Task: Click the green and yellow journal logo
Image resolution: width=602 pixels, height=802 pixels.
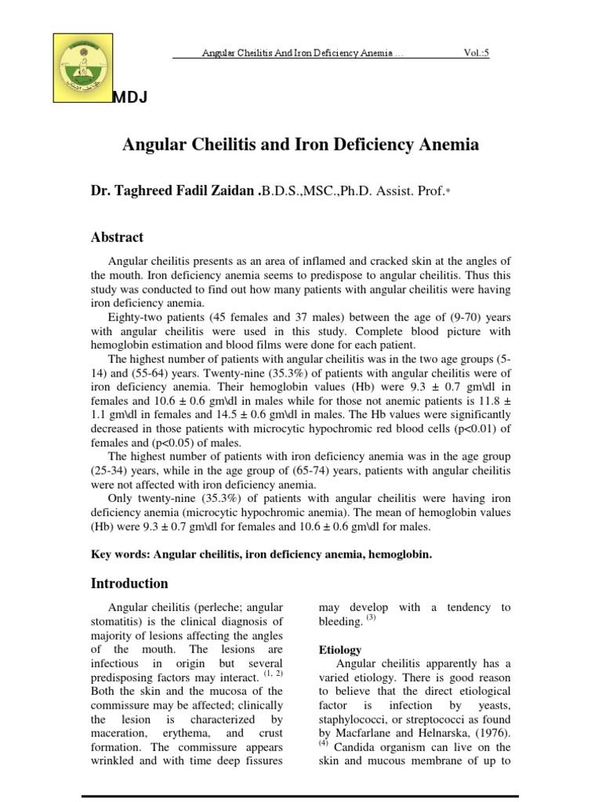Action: click(82, 67)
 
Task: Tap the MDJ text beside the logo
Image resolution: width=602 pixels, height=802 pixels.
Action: click(130, 97)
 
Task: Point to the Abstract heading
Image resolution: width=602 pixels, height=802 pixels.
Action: click(117, 237)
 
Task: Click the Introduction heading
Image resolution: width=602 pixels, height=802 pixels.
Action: click(129, 583)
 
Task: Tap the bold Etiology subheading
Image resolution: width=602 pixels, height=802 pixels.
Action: click(340, 650)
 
